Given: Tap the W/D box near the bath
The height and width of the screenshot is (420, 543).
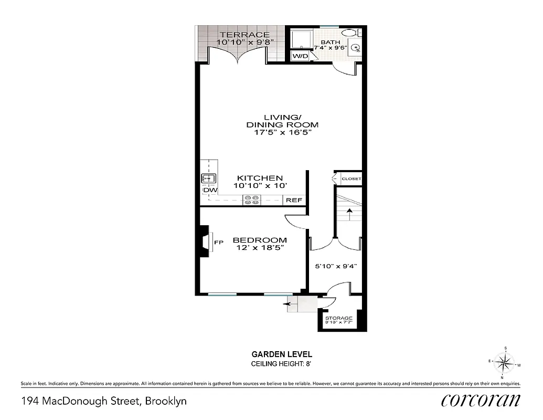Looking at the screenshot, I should [301, 55].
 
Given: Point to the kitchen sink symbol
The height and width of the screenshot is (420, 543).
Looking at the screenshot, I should [208, 178].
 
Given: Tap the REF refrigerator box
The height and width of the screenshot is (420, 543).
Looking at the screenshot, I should [294, 200].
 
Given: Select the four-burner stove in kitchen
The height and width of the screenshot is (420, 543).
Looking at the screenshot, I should [251, 199].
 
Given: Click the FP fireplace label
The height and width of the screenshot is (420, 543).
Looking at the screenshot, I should [219, 242].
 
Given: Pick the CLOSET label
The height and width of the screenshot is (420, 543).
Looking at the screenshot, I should [351, 179].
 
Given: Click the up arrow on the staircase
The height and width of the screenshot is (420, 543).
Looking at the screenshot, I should [349, 213].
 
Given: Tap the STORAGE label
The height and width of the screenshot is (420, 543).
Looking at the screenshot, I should [338, 318].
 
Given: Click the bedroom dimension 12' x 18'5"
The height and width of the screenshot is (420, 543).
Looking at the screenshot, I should [260, 247].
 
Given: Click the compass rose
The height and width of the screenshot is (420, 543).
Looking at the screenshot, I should [504, 362].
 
